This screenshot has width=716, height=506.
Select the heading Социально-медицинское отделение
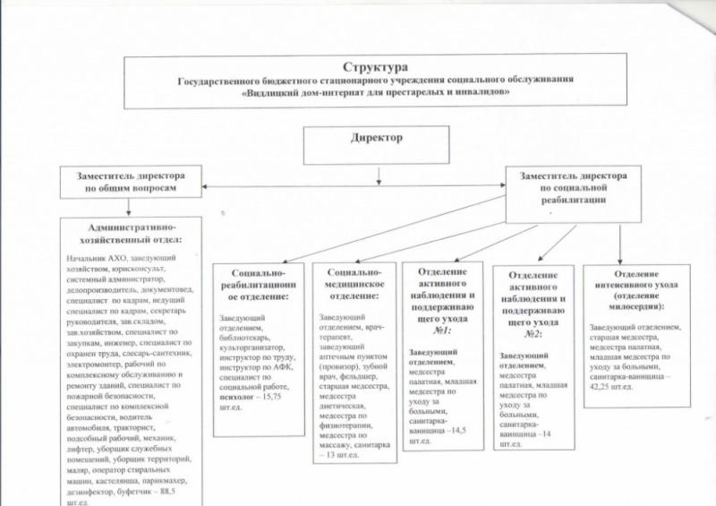click(354, 282)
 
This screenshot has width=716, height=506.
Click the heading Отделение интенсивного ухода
click(635, 284)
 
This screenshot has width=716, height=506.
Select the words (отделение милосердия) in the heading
click(635, 307)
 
